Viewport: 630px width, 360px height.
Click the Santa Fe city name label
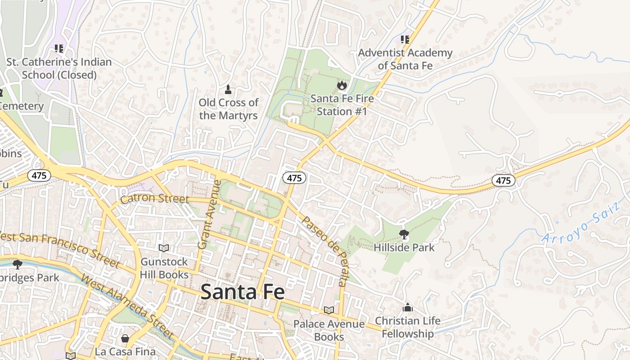pos(243,292)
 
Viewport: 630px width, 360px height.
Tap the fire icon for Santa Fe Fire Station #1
pos(342,85)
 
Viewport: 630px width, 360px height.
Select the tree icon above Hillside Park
pos(404,234)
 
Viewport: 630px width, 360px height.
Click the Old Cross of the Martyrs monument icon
pos(228,90)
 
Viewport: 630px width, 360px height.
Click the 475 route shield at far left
pos(39,175)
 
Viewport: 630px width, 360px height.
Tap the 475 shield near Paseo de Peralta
pos(294,178)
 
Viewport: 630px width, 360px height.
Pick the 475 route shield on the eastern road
pos(503,180)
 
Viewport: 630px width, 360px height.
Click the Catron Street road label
pos(154,198)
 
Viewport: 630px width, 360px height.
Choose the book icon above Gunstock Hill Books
pos(164,248)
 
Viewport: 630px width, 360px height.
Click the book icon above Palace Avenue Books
pos(329,310)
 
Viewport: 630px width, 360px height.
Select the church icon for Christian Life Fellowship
pos(408,307)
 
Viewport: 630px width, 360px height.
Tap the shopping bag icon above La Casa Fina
pos(125,338)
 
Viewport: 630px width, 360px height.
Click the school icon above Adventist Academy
pos(405,40)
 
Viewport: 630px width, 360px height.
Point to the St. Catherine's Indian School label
pos(59,68)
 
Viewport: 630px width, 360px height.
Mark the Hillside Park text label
pos(404,247)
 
